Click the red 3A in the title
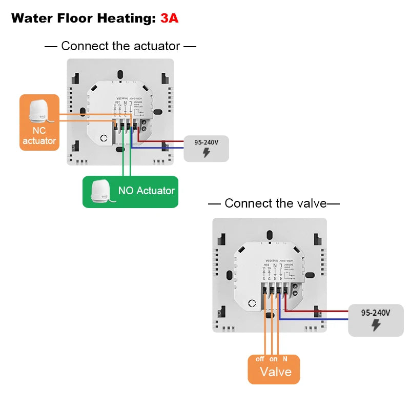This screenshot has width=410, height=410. click(169, 18)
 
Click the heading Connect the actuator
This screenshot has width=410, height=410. click(120, 46)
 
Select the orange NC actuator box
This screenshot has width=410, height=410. click(39, 122)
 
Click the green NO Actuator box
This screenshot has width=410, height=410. click(130, 192)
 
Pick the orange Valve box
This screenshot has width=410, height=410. click(274, 368)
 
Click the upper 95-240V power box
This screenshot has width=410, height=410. click(206, 149)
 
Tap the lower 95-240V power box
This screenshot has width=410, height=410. click(376, 320)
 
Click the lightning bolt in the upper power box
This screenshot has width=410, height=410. click(206, 153)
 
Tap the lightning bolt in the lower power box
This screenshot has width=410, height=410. click(376, 325)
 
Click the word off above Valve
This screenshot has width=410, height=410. click(260, 359)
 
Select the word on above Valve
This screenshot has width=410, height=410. click(274, 359)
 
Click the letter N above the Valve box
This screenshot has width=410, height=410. click(285, 359)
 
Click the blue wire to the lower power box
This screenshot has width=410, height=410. click(318, 319)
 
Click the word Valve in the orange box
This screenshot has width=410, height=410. click(276, 372)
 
